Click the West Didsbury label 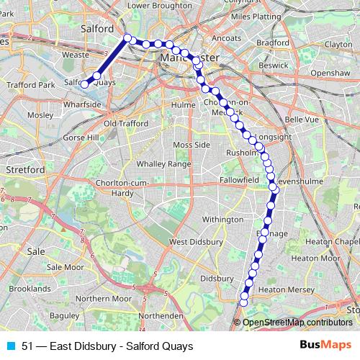193,242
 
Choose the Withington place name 222,219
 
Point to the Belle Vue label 302,120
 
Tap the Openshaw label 330,73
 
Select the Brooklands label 30,288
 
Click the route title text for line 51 107,346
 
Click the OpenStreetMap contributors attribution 297,323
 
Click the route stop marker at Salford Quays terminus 84,84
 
